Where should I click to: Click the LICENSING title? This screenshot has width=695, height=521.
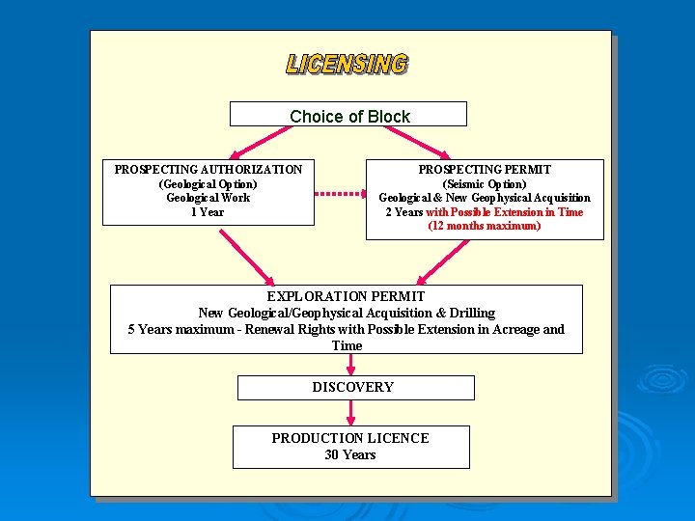347,65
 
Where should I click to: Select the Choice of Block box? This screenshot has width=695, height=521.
348,116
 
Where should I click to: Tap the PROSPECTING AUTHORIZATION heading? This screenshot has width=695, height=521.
208,170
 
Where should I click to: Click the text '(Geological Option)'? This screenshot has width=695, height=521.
208,184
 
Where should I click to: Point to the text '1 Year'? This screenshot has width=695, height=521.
208,212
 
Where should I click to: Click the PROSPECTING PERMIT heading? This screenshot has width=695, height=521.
485,170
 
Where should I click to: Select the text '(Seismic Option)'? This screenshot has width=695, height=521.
485,184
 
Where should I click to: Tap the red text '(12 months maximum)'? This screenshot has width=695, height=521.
485,226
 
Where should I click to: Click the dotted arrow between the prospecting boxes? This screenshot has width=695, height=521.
340,193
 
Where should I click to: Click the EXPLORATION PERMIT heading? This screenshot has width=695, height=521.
346,297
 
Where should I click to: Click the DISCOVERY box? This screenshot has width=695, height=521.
355,388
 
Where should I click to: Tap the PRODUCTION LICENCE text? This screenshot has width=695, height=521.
349,438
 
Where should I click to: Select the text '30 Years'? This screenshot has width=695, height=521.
349,454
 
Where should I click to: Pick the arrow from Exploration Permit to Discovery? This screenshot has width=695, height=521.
351,364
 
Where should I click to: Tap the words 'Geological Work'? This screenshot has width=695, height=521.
208,198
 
